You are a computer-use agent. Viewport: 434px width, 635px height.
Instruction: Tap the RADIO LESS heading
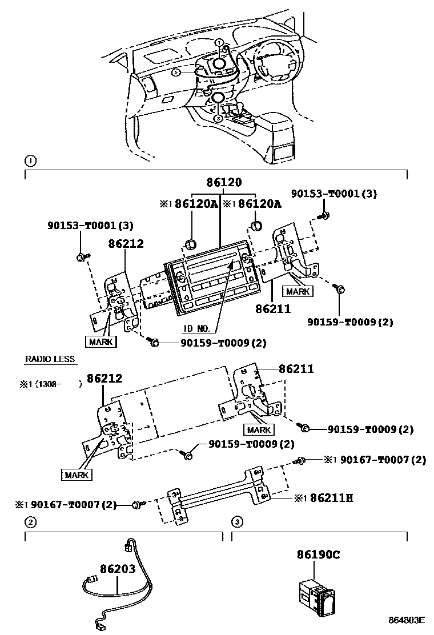point(50,359)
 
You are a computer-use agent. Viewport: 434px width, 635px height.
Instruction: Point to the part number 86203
point(118,569)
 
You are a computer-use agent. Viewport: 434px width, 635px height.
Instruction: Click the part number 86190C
point(318,554)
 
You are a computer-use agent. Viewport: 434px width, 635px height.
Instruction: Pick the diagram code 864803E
point(407,620)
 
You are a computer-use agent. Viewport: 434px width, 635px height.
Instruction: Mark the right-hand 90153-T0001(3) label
point(334,194)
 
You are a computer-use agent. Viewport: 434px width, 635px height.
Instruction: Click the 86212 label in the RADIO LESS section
point(104,378)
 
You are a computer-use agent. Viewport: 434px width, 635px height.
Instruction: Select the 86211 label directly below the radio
point(274,308)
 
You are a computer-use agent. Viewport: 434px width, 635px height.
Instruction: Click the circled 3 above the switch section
point(236,521)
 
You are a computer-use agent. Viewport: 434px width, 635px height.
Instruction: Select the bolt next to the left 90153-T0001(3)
point(81,256)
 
